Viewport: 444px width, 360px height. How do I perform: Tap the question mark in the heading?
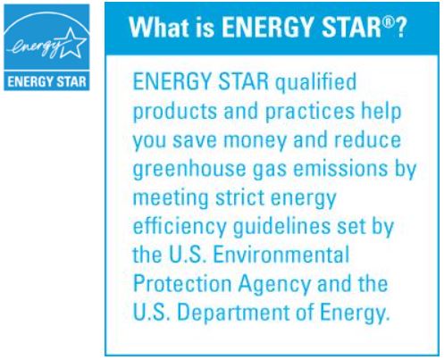click(x=400, y=28)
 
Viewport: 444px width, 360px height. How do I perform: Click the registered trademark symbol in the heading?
click(x=388, y=21)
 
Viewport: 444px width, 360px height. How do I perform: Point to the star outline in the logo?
click(x=72, y=44)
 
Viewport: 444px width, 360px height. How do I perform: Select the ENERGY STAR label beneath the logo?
click(x=46, y=81)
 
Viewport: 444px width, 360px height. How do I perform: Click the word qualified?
click(x=315, y=82)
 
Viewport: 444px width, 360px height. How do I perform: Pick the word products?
click(x=175, y=112)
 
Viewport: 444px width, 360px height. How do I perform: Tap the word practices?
click(x=310, y=112)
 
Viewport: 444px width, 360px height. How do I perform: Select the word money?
click(x=255, y=141)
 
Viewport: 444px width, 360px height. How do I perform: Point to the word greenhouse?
click(x=189, y=170)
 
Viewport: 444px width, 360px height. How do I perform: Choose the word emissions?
click(x=340, y=168)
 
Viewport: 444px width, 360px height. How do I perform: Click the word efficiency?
click(x=180, y=227)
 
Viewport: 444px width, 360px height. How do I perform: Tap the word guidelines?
click(x=281, y=227)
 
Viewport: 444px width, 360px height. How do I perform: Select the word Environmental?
click(x=281, y=255)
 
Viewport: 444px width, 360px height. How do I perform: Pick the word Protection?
click(x=182, y=284)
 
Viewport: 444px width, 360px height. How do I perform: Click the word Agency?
click(x=274, y=285)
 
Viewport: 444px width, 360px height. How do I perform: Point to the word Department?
click(x=233, y=314)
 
